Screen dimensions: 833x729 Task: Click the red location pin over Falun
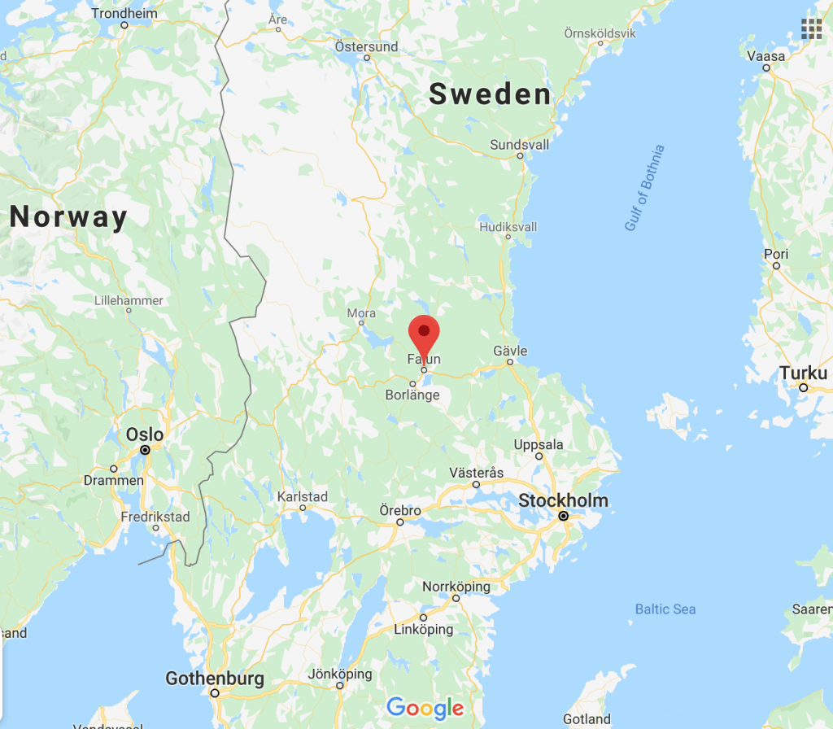coord(423,334)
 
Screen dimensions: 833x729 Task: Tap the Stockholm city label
coord(563,500)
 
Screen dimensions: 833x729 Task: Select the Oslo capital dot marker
coord(145,449)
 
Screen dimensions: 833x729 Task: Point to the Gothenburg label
coord(215,678)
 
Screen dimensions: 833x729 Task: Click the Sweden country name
coord(491,95)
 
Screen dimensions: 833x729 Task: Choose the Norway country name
coord(69,217)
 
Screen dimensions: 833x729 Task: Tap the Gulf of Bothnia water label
coord(645,188)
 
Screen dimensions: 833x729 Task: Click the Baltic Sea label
coord(665,609)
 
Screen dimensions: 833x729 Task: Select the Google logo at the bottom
coord(425,708)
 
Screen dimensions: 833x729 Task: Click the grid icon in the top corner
coord(811,28)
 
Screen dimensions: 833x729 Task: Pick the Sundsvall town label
coord(520,145)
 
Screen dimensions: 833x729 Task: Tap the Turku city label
coord(803,373)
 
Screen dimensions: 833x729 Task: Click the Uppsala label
coord(539,444)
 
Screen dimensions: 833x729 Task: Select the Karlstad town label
coord(303,496)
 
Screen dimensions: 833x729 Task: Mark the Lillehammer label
coord(129,300)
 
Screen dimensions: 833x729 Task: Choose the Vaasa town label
coord(766,56)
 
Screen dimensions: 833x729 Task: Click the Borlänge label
coord(412,395)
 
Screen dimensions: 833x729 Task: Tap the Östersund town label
coord(367,46)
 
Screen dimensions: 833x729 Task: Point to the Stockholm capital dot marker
coord(563,516)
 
